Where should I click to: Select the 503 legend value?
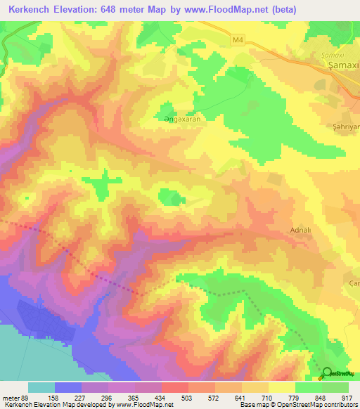point(188,397)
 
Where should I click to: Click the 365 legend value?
point(134,397)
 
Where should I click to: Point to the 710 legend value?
point(269,397)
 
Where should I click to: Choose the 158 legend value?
point(54,397)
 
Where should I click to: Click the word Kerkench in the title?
point(27,9)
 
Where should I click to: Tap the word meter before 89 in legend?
point(10,397)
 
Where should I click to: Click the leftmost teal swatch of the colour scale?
point(41,387)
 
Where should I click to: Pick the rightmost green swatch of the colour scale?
point(335,387)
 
